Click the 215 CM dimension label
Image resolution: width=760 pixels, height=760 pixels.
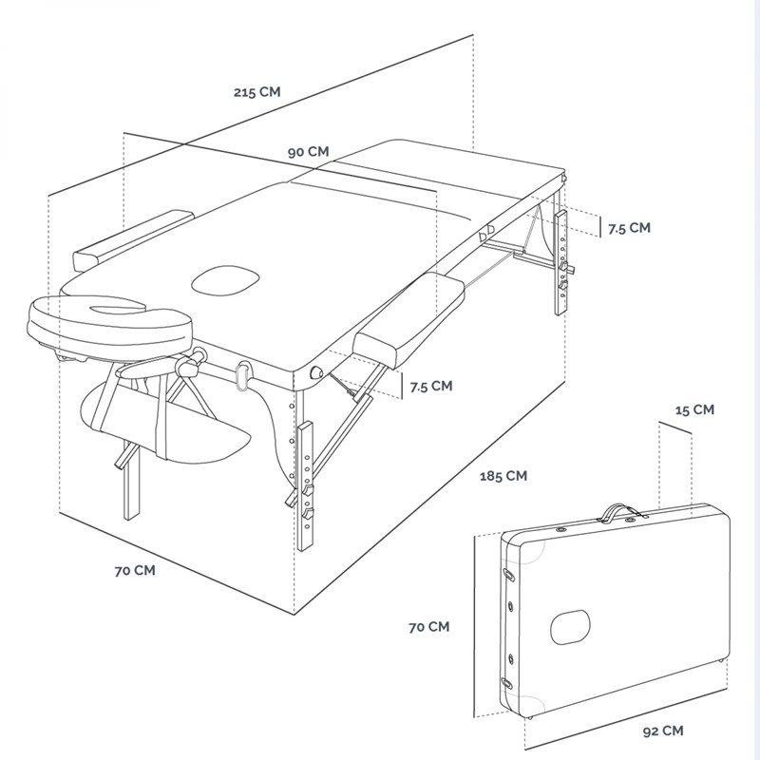pos(256,93)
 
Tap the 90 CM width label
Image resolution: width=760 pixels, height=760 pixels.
pos(309,152)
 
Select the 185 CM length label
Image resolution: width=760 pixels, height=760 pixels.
pos(503,476)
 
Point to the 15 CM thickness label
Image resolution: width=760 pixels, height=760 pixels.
pos(693,410)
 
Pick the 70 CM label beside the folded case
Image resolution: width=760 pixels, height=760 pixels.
pos(428,627)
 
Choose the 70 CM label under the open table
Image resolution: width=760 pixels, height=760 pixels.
pos(134,571)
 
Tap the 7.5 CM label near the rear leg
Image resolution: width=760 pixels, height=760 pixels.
pos(629,228)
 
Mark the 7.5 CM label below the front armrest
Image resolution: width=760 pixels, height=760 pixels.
pos(430,386)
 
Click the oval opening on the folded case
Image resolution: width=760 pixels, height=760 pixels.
pos(571,624)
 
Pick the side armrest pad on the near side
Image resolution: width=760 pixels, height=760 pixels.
pos(408,318)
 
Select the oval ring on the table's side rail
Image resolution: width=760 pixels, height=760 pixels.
pos(242,374)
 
